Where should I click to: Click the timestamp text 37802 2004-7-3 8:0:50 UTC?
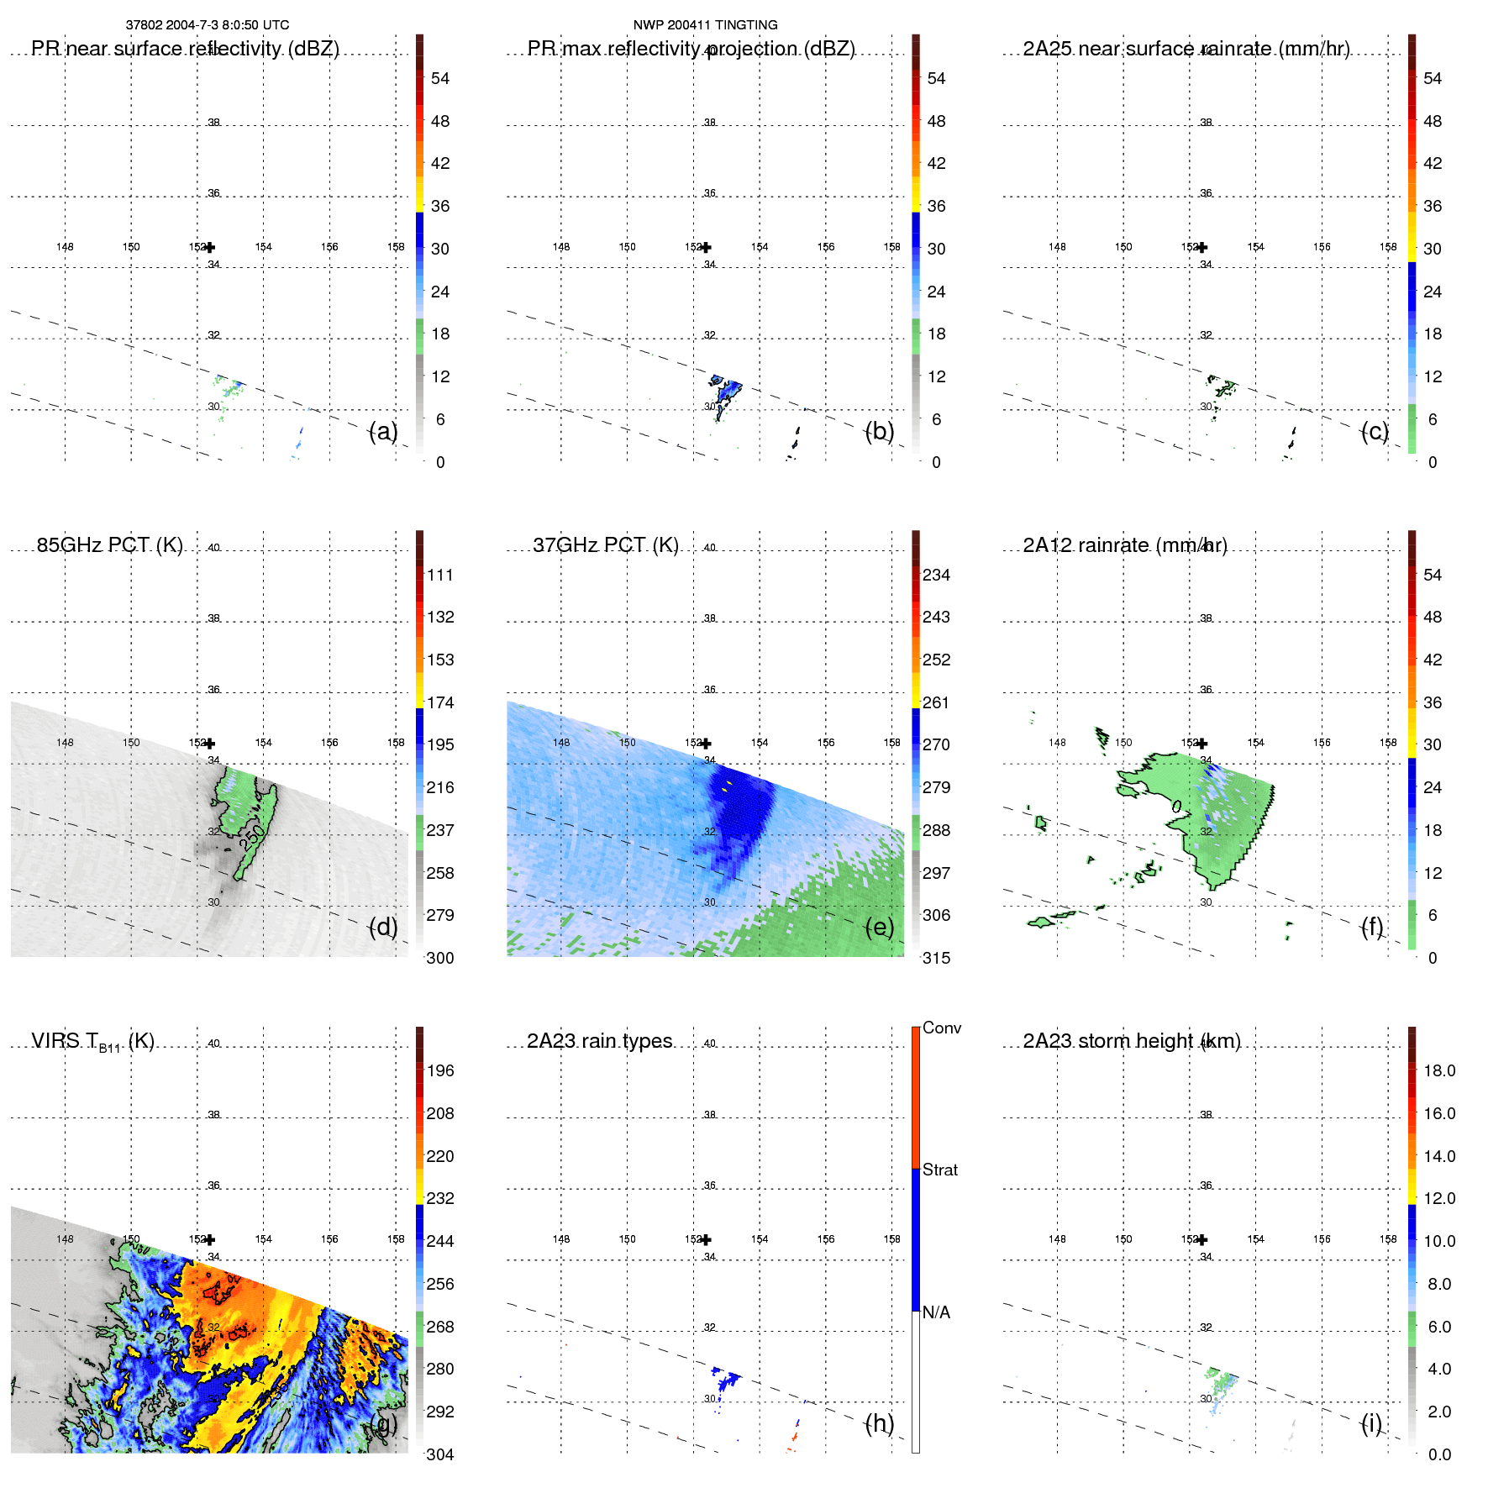tap(208, 25)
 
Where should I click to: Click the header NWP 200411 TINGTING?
tap(705, 25)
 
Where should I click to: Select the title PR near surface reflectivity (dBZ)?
tap(185, 49)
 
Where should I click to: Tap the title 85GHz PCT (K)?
tap(109, 545)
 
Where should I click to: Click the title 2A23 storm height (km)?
tap(1132, 1041)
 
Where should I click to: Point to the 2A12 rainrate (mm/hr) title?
tap(1125, 545)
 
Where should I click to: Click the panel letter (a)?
tap(383, 431)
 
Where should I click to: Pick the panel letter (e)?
tap(880, 927)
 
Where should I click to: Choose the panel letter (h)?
tap(880, 1423)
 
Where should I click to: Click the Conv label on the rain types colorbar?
tap(942, 1028)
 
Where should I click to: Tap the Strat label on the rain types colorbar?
tap(940, 1170)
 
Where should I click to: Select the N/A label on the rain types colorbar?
tap(936, 1312)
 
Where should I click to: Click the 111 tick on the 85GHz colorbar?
tap(440, 575)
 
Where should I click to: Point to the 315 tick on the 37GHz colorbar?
tap(936, 958)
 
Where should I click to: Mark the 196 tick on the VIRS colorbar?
tap(440, 1070)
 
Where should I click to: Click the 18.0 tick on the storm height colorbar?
tap(1439, 1070)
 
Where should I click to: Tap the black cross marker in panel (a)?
tap(210, 247)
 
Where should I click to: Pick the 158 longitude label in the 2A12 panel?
tap(1388, 743)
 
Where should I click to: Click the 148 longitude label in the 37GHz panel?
tap(561, 743)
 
